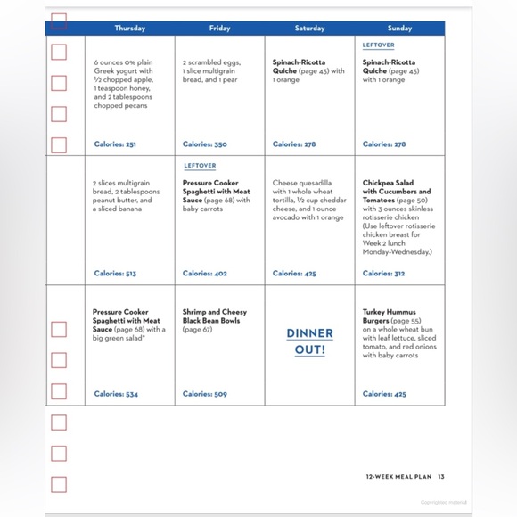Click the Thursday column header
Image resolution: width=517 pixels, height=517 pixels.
click(x=129, y=29)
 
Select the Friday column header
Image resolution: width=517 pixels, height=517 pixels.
click(x=219, y=29)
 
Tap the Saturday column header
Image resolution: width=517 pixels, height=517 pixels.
click(x=309, y=29)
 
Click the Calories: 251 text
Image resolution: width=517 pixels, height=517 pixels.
click(x=116, y=144)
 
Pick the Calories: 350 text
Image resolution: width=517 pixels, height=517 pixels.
click(x=205, y=144)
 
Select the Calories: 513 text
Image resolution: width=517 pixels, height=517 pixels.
click(x=116, y=274)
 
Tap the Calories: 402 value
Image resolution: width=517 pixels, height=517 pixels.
click(x=205, y=274)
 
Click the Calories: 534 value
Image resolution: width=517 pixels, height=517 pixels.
click(x=116, y=394)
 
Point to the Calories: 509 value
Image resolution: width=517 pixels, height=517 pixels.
click(x=205, y=394)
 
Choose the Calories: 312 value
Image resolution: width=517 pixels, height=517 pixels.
click(x=384, y=274)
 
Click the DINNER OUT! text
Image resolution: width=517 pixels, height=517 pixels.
click(x=309, y=341)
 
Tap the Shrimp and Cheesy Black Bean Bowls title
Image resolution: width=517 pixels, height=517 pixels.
click(x=215, y=316)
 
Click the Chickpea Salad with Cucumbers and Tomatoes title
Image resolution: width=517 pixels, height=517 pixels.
click(x=397, y=192)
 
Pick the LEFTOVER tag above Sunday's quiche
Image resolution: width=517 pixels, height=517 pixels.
click(x=379, y=45)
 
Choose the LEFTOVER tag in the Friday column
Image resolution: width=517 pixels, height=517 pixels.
click(x=200, y=166)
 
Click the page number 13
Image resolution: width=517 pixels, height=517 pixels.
click(x=440, y=476)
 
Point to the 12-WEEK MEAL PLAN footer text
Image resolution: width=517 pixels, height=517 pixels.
click(x=398, y=476)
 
